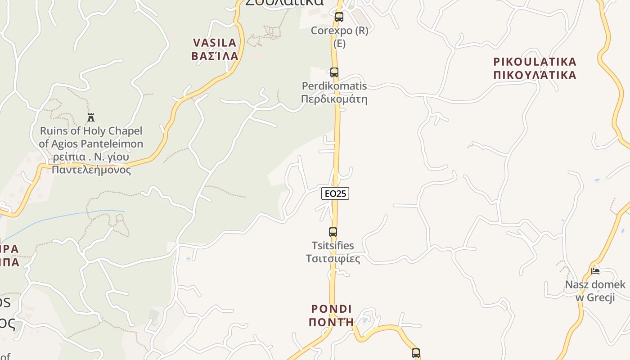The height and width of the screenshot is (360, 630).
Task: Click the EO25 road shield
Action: click(x=335, y=193)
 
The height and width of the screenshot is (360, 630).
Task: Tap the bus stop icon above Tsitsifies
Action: click(x=333, y=232)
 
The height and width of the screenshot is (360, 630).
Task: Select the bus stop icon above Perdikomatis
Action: click(x=334, y=72)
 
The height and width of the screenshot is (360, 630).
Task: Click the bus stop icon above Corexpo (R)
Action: click(x=339, y=17)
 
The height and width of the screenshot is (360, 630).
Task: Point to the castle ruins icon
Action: click(x=91, y=117)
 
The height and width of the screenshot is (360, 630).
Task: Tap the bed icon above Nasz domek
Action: click(x=595, y=271)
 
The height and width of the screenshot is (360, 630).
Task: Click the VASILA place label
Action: click(x=215, y=43)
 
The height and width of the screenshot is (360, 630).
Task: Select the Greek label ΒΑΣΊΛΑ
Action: click(x=215, y=56)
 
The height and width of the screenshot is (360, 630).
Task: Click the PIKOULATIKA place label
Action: click(x=535, y=62)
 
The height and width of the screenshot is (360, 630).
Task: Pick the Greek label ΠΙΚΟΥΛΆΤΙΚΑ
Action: click(x=535, y=75)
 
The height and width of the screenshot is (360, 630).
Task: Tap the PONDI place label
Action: click(x=332, y=309)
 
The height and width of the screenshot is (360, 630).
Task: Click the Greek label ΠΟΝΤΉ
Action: click(x=332, y=322)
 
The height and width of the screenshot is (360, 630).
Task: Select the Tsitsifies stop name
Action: click(x=333, y=246)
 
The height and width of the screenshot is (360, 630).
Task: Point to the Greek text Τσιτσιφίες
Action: click(x=333, y=259)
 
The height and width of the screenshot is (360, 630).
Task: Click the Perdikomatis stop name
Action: click(x=334, y=86)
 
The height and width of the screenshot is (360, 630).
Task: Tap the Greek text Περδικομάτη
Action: click(x=334, y=99)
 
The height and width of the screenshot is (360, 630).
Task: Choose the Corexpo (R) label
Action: click(x=340, y=31)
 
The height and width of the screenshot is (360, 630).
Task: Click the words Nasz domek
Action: click(x=595, y=284)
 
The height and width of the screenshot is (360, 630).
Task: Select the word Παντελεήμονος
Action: click(x=91, y=170)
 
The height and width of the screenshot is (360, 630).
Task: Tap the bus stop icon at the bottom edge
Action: click(x=416, y=353)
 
